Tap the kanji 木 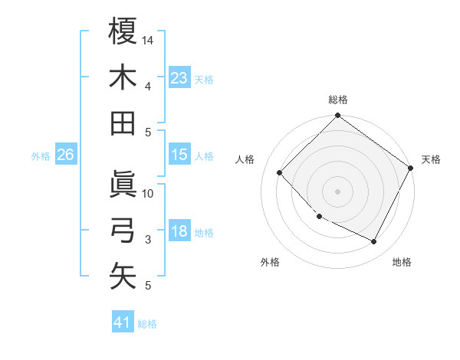point(123,77)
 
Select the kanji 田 point(123,123)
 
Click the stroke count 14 point(149,40)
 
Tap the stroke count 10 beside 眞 point(149,193)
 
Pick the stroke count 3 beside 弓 point(149,240)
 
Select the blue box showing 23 point(179,77)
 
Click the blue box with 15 point(179,155)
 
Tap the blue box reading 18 point(179,231)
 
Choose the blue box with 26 point(65,155)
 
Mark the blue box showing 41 point(123,322)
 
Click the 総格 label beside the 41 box point(148,324)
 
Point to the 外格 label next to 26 point(41,156)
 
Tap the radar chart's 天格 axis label point(431,159)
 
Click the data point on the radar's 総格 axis point(337,116)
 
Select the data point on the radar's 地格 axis point(374,242)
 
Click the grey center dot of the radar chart point(337,191)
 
